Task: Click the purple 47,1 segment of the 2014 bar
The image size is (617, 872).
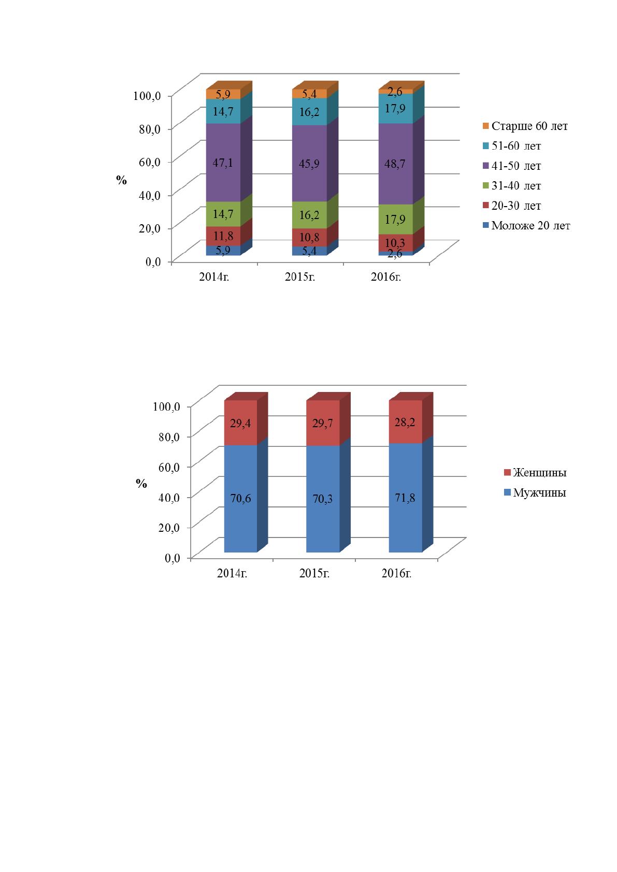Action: (x=223, y=162)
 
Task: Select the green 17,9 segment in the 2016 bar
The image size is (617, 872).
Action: (x=396, y=219)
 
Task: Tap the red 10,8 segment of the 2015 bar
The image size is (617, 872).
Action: (x=310, y=237)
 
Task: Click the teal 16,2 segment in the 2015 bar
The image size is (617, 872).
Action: (x=310, y=112)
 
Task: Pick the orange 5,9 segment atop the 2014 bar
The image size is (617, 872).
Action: (x=223, y=94)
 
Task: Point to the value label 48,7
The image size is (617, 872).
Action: (x=395, y=164)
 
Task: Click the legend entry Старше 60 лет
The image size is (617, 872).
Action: (x=525, y=126)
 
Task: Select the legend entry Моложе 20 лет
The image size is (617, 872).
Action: (x=526, y=226)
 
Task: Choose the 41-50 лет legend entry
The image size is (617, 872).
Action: (x=512, y=166)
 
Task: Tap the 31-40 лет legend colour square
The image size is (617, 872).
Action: (x=486, y=186)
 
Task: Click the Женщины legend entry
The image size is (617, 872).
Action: (x=535, y=473)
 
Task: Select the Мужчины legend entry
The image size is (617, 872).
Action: (x=535, y=492)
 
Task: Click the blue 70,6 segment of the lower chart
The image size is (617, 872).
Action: (x=241, y=499)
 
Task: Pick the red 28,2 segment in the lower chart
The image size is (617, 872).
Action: (x=406, y=422)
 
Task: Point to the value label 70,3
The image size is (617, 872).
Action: (x=323, y=499)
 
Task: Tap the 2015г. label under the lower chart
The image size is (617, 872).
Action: (x=314, y=573)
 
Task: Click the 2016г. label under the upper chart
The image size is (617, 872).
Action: (x=386, y=277)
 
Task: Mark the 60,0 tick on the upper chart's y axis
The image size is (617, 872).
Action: (x=150, y=162)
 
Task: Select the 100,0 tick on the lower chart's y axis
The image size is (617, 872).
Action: (x=166, y=406)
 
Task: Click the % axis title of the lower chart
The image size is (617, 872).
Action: (x=141, y=484)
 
